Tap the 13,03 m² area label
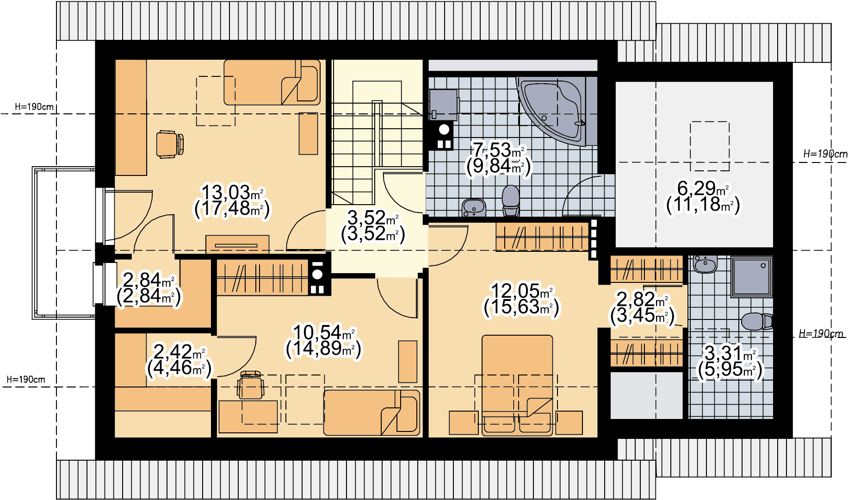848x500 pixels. pos(233,193)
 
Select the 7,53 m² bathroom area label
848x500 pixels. pos(498,150)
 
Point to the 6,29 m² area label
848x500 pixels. pos(703,188)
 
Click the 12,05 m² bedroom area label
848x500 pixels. pos(522,291)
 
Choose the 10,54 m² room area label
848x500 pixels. pos(324,332)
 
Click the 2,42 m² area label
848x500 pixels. pos(180,352)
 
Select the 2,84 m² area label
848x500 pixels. pos(149,280)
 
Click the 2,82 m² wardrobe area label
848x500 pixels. pos(643,299)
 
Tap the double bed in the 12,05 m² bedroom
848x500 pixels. pos(517,385)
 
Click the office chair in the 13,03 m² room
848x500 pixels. pos(170,144)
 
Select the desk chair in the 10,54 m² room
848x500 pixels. pos(250,385)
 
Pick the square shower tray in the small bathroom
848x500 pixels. pos(751,277)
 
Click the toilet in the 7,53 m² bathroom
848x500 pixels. pos(511,200)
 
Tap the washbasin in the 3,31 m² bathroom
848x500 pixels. pos(705,264)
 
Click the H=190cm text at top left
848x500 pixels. pos(34,106)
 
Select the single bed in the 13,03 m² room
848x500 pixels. pos(272,82)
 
